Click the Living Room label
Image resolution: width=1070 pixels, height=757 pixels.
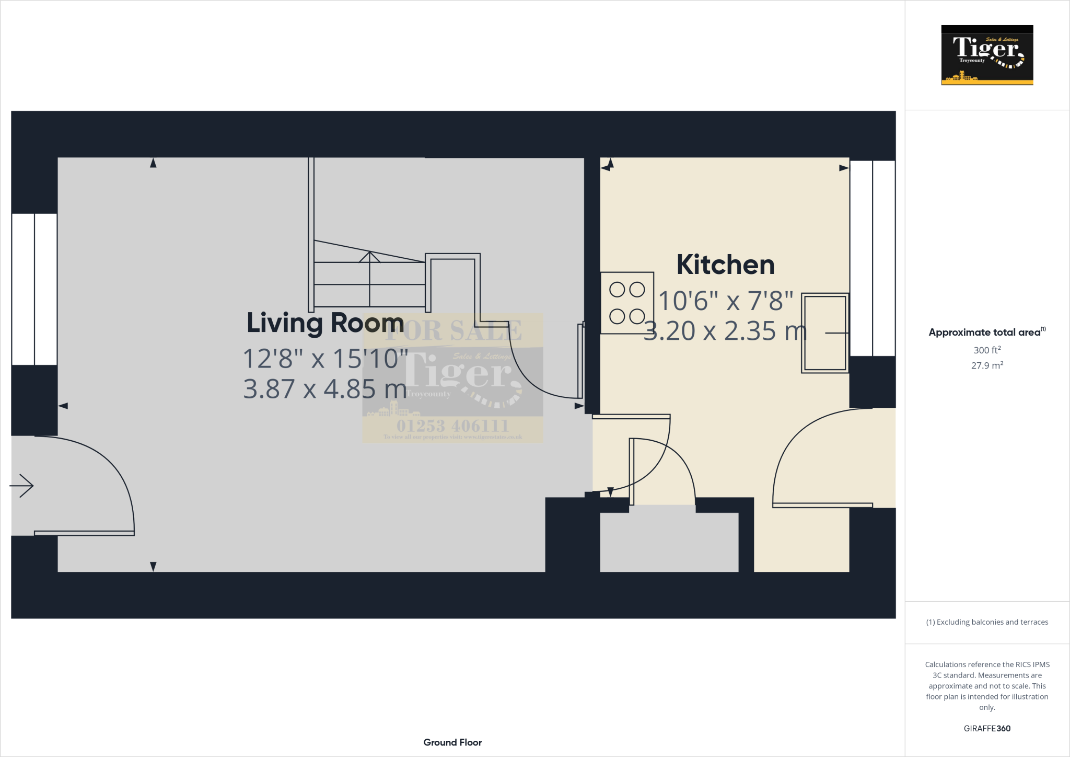pyautogui.click(x=325, y=323)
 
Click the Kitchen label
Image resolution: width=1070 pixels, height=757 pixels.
pyautogui.click(x=725, y=265)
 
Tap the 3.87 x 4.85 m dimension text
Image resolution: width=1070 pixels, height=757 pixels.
pyautogui.click(x=325, y=389)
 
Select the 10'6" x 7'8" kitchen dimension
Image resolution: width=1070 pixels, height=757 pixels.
pyautogui.click(x=725, y=301)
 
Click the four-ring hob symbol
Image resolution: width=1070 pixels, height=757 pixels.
pyautogui.click(x=627, y=303)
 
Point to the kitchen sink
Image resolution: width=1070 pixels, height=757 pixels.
pyautogui.click(x=824, y=333)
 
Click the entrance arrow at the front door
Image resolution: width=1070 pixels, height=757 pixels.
pyautogui.click(x=22, y=486)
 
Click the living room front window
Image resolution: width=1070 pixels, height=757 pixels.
pyautogui.click(x=34, y=289)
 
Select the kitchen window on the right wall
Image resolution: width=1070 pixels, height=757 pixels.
pyautogui.click(x=873, y=258)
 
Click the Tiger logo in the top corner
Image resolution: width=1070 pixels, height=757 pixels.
pyautogui.click(x=987, y=55)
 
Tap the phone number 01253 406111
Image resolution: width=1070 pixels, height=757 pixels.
pyautogui.click(x=452, y=426)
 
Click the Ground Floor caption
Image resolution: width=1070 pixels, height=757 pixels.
pyautogui.click(x=452, y=742)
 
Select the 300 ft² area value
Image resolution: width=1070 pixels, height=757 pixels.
pyautogui.click(x=987, y=350)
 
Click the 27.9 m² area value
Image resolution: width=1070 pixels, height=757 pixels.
pyautogui.click(x=987, y=365)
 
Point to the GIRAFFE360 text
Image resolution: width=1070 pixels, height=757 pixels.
pyautogui.click(x=987, y=728)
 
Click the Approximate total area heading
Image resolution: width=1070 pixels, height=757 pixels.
pyautogui.click(x=986, y=332)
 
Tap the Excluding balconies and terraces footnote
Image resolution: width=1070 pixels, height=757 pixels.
pyautogui.click(x=987, y=622)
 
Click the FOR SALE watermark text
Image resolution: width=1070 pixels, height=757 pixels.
pyautogui.click(x=452, y=330)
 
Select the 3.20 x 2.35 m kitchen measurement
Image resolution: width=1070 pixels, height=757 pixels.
pyautogui.click(x=725, y=331)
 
